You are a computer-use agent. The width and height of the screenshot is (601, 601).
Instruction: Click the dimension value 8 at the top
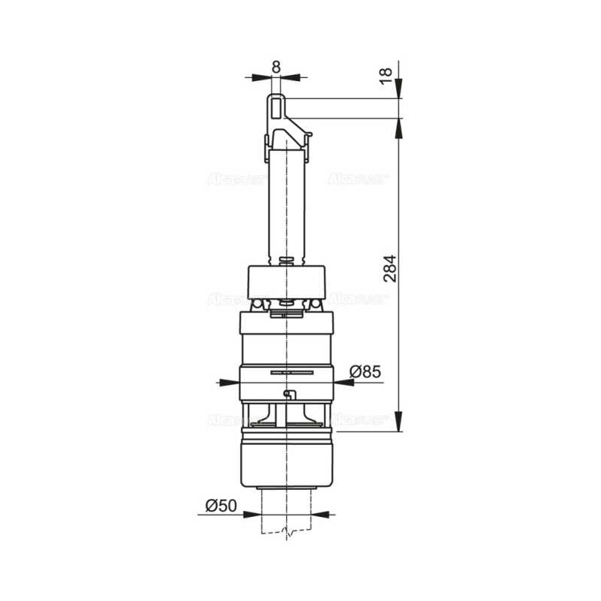(x=276, y=66)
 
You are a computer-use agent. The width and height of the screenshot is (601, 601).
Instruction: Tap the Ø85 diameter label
(x=366, y=371)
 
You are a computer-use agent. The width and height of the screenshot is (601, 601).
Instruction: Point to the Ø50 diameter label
(x=222, y=506)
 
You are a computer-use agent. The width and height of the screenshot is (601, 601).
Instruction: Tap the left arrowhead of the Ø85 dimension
(x=233, y=382)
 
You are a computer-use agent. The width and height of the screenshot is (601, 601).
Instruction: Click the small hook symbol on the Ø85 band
(x=288, y=395)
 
